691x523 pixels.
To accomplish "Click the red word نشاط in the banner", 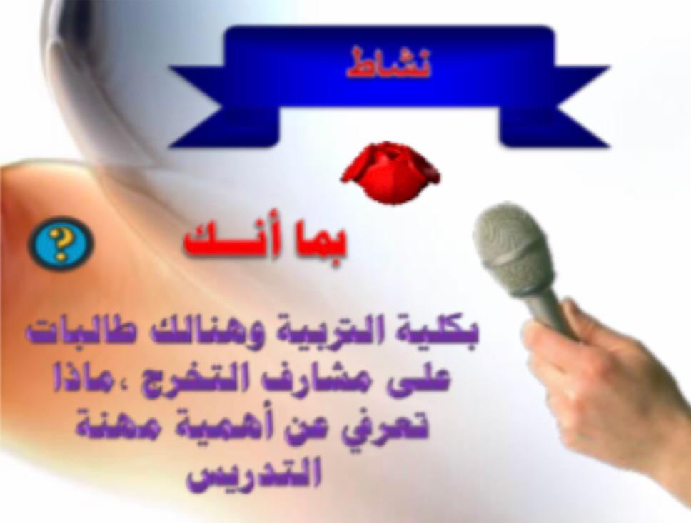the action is pos(388,65).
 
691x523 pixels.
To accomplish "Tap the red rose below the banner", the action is pos(390,172).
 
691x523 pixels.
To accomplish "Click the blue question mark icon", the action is pos(61,243).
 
